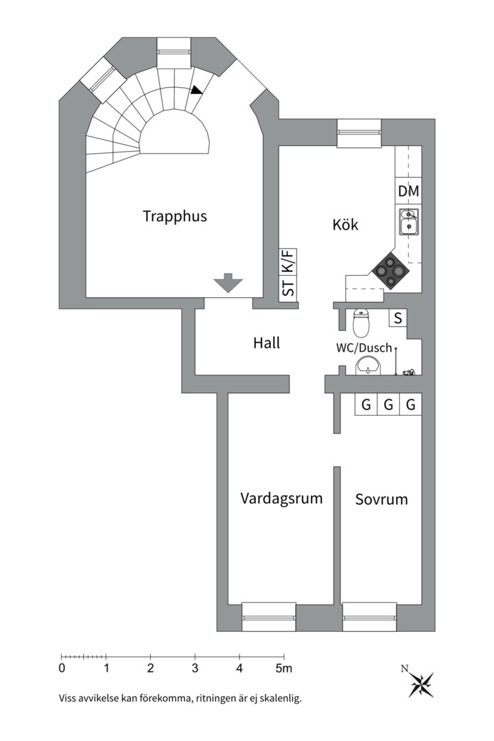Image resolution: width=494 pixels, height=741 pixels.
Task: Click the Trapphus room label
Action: click(x=175, y=216)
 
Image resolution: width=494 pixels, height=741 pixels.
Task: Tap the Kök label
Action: click(x=345, y=224)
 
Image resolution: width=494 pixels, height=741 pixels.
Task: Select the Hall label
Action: click(x=266, y=342)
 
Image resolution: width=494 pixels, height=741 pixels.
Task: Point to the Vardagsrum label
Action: click(x=281, y=498)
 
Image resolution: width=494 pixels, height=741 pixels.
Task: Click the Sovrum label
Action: click(x=381, y=499)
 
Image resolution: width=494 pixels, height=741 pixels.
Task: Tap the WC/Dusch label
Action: click(x=364, y=348)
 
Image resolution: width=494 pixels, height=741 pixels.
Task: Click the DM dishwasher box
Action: click(x=408, y=192)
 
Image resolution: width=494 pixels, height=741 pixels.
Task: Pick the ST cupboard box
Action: click(x=289, y=288)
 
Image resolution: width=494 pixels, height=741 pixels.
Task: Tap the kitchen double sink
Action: click(x=409, y=221)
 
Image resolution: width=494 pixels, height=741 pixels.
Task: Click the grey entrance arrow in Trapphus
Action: click(x=228, y=283)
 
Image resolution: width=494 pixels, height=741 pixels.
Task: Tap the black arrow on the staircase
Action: click(x=198, y=89)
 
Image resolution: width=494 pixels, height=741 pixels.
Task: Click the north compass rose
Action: click(x=420, y=682)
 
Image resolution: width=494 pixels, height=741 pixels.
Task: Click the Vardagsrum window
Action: click(x=269, y=616)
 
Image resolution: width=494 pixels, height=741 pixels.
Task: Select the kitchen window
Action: click(x=358, y=133)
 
